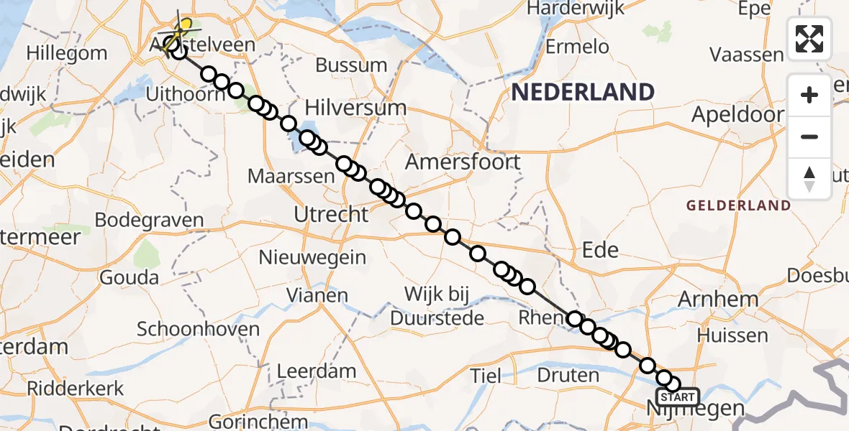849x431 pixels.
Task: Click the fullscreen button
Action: click(x=809, y=39)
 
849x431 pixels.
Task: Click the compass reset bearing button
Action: click(x=809, y=179)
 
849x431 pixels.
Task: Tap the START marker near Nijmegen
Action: click(x=677, y=397)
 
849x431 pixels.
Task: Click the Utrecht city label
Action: click(x=332, y=214)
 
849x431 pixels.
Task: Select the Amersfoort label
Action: click(x=463, y=162)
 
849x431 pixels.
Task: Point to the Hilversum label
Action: click(x=355, y=108)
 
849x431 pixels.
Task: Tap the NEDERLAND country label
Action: click(x=583, y=92)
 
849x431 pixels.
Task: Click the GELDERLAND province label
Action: click(x=738, y=205)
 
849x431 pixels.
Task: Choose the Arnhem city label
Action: click(x=727, y=299)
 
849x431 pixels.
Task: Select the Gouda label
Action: click(x=130, y=277)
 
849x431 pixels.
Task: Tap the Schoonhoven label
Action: click(x=198, y=330)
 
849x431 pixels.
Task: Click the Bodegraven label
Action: click(x=149, y=221)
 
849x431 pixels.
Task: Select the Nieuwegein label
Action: click(x=313, y=257)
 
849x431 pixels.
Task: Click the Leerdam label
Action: click(x=317, y=371)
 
